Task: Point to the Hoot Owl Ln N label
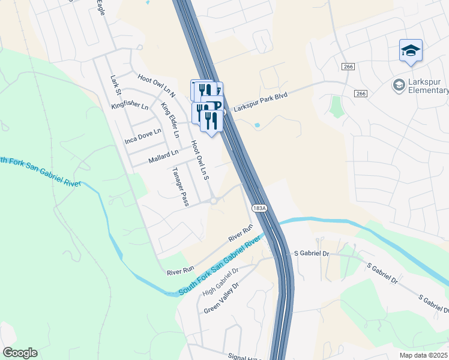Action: pos(156,86)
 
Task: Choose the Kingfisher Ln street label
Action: pos(130,106)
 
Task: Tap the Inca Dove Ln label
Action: pos(143,136)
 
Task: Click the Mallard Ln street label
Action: pos(163,157)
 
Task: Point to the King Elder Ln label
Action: pos(170,120)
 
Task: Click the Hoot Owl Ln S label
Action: pos(199,161)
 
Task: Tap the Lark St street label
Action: pos(116,85)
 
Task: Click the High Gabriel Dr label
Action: pos(220,281)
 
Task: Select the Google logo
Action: pos(20,353)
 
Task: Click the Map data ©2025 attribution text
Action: pos(424,355)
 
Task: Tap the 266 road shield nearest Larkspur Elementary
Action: pos(360,94)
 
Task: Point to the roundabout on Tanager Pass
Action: pos(214,202)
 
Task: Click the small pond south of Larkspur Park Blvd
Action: pos(258,125)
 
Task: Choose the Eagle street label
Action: pos(101,8)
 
